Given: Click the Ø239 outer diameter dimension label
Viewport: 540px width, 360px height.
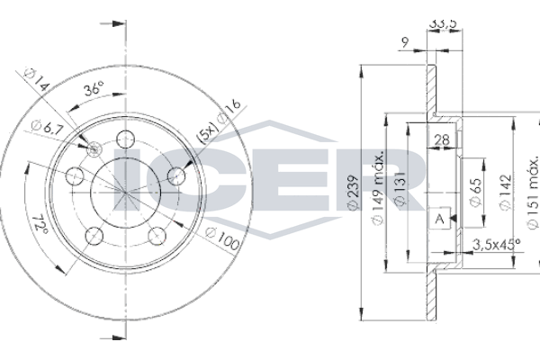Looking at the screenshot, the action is [x=354, y=192].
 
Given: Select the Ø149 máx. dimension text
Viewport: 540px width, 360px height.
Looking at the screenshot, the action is [x=378, y=188].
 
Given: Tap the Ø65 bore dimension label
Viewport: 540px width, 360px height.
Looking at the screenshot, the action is [x=476, y=192].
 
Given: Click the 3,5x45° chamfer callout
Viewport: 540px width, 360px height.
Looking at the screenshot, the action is [x=496, y=244].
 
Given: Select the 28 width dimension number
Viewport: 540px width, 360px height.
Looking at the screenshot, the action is [x=442, y=139].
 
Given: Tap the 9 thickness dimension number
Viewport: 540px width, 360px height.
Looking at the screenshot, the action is [x=405, y=42].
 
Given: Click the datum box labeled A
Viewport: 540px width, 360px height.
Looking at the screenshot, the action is [x=440, y=218].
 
